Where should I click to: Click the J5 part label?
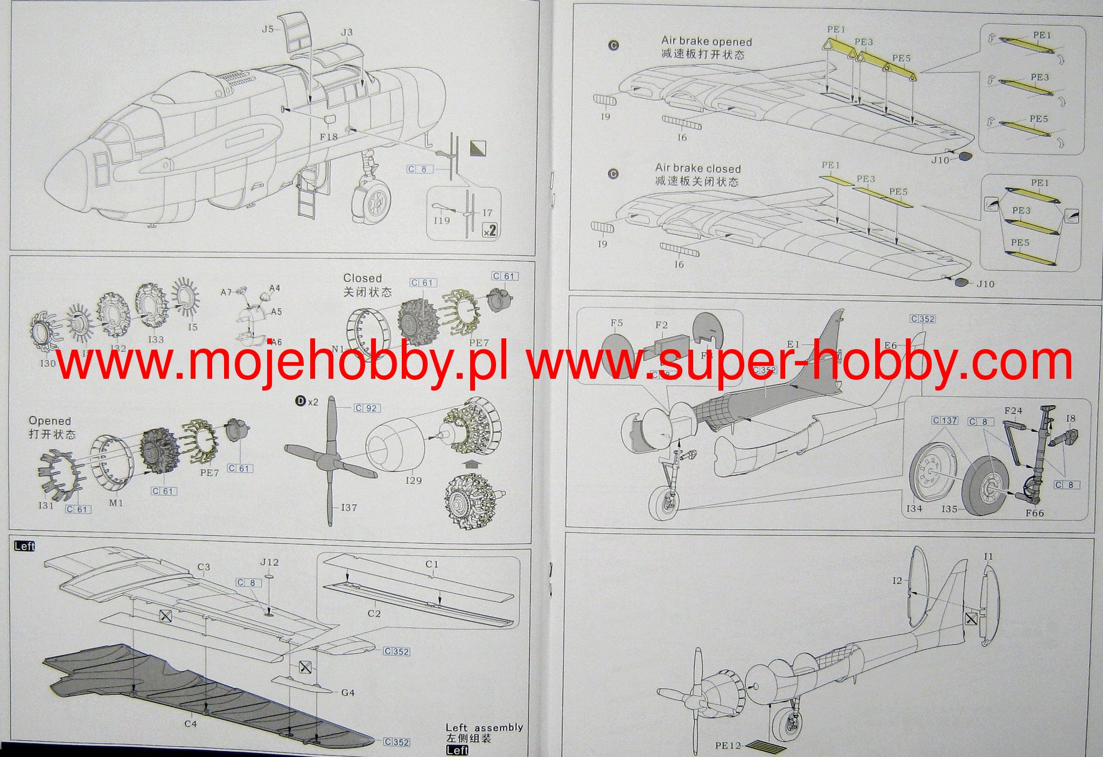[268, 29]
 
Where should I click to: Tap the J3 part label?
[347, 32]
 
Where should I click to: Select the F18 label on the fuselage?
[329, 137]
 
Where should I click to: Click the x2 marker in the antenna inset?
[490, 230]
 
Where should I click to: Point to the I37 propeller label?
[349, 508]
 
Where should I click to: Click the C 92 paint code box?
[366, 408]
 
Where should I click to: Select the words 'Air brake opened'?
[707, 41]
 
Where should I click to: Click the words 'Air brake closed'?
[698, 169]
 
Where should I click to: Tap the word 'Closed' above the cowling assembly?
[362, 278]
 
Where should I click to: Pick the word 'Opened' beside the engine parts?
[50, 421]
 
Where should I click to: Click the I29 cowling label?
[414, 480]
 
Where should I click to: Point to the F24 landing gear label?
[1013, 411]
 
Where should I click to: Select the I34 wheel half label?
[914, 508]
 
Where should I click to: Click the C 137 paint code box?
[945, 420]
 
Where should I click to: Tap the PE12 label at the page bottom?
[728, 746]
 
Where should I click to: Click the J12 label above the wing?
[269, 562]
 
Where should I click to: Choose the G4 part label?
[348, 692]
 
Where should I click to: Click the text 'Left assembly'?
[484, 727]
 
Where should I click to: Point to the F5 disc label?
[617, 323]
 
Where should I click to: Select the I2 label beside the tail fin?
[897, 580]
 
